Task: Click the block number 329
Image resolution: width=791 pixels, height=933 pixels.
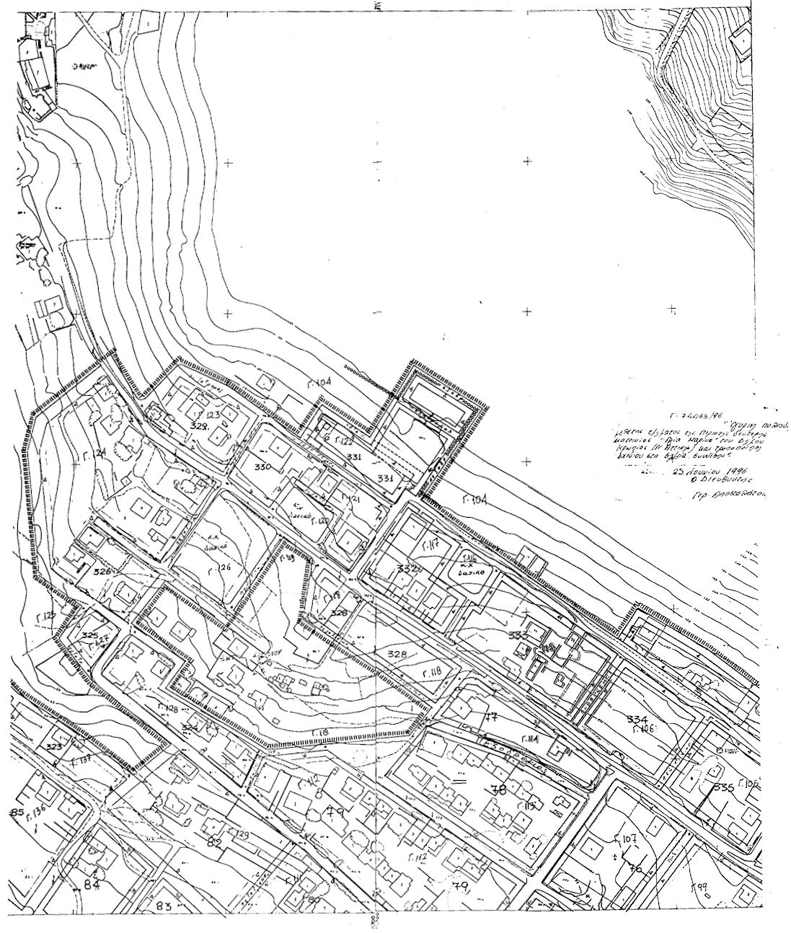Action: click(x=200, y=427)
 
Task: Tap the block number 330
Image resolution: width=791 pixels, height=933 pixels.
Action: click(x=263, y=467)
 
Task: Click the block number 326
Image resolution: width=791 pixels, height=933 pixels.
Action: click(x=103, y=571)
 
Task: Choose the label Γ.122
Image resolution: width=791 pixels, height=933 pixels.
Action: click(x=344, y=441)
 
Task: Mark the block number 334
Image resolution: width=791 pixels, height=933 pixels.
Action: click(x=637, y=719)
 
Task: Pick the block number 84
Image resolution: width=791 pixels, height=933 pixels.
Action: click(x=92, y=885)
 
